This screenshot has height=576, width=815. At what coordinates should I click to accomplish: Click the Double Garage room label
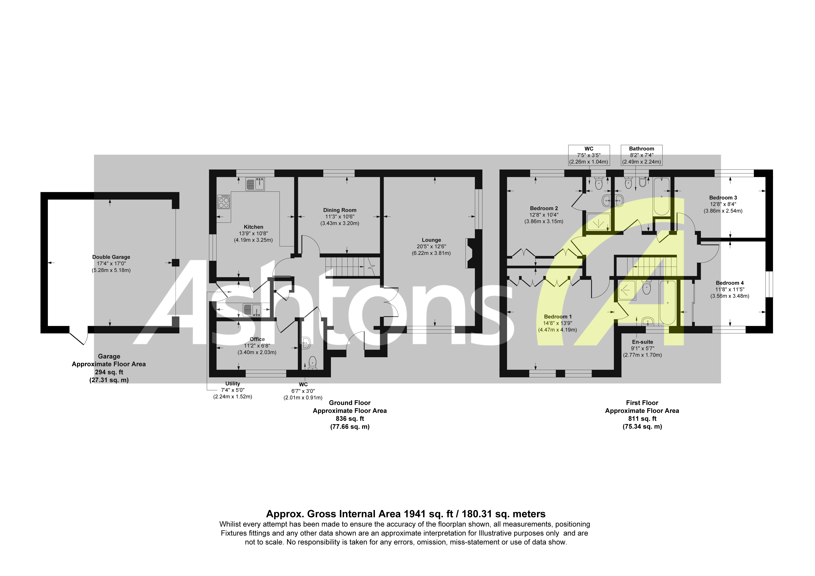tap(111, 257)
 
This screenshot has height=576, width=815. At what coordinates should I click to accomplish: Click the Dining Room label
tap(340, 210)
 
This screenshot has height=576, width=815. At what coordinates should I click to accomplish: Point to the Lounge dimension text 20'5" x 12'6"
tap(431, 246)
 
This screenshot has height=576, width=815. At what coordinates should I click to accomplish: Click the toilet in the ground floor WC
tap(312, 362)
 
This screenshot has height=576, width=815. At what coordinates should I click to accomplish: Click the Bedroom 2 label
tap(544, 208)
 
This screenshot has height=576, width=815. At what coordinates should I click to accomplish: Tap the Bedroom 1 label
tap(558, 317)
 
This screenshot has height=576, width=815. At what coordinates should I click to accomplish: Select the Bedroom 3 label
tap(723, 198)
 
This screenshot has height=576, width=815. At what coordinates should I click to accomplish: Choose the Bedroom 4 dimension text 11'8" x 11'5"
tap(729, 289)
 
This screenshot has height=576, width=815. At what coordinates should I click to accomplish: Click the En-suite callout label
tap(642, 342)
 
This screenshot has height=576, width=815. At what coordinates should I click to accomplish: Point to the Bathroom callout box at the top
tap(641, 155)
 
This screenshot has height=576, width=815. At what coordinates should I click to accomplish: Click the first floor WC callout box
tap(589, 155)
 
